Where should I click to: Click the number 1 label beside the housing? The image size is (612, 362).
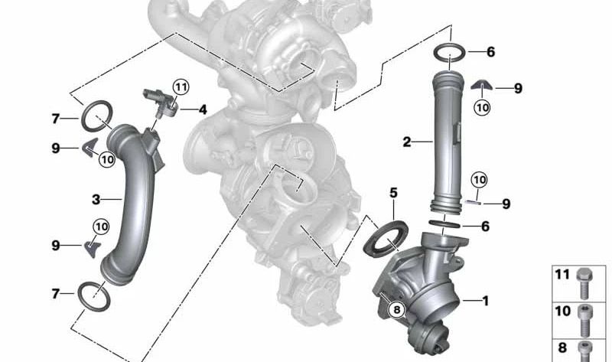[x=485, y=301]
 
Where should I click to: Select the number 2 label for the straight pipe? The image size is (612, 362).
[x=407, y=142]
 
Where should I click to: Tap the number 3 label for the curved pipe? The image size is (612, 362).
[x=96, y=200]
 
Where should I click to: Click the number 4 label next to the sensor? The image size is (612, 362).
[x=203, y=109]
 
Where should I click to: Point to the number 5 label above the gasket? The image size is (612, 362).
[x=393, y=193]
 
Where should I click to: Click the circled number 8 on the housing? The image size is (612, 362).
[x=397, y=310]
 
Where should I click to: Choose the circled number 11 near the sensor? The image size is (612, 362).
[x=181, y=87]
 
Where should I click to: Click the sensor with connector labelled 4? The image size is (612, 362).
[x=161, y=103]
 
